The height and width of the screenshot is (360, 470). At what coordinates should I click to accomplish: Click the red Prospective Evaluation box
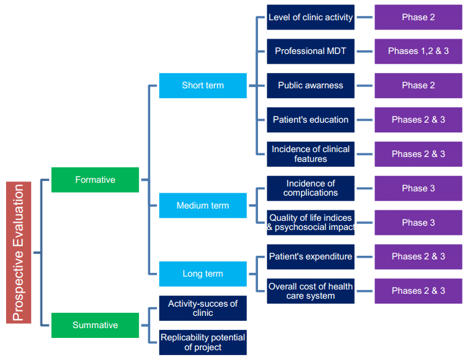[18, 252]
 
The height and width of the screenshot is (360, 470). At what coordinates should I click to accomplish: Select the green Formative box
[95, 180]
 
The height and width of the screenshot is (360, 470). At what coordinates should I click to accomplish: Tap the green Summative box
[95, 325]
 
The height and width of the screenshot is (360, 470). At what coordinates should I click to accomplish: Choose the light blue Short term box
[203, 85]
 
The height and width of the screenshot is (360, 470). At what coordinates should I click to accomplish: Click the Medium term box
[203, 205]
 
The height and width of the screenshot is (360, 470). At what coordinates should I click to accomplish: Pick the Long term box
[203, 274]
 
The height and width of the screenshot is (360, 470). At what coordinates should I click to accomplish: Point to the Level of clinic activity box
[311, 17]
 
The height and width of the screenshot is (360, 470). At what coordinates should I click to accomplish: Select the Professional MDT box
[311, 51]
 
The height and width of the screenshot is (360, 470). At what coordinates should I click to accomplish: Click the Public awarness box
[311, 85]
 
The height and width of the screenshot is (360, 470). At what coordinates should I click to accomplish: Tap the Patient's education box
[311, 120]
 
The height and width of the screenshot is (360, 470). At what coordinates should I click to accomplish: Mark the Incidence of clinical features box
[311, 154]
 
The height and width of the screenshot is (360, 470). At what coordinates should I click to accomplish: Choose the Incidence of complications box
[311, 188]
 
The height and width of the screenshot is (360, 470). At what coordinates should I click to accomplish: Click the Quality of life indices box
[311, 223]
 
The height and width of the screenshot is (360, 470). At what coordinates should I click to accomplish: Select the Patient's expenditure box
[311, 256]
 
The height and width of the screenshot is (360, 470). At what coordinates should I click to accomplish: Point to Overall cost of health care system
[311, 291]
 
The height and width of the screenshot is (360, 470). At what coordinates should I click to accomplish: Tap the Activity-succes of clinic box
[203, 308]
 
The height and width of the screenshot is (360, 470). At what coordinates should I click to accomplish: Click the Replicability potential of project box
[203, 342]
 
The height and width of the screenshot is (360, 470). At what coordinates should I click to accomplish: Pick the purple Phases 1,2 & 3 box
[419, 51]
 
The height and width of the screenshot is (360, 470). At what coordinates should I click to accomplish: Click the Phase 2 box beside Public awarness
[419, 85]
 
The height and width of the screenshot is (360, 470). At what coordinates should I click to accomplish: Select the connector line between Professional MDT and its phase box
[365, 52]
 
